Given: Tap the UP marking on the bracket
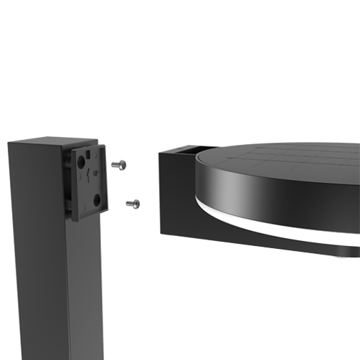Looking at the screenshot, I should [x=95, y=173].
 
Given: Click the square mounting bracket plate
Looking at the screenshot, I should [x=86, y=179].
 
